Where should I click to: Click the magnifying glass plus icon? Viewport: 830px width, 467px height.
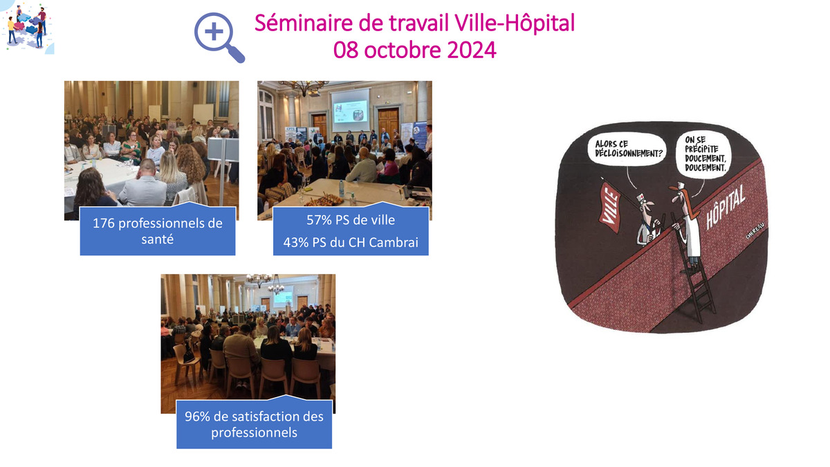pyautogui.click(x=219, y=37)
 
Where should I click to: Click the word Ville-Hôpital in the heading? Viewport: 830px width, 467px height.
pyautogui.click(x=515, y=23)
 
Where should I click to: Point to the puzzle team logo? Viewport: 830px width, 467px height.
pyautogui.click(x=27, y=27)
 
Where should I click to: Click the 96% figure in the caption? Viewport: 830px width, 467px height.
pyautogui.click(x=198, y=416)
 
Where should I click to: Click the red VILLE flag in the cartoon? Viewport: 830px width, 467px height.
pyautogui.click(x=610, y=208)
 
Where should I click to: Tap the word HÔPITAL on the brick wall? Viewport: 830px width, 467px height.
pyautogui.click(x=725, y=207)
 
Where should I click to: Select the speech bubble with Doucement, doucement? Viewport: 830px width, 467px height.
pyautogui.click(x=704, y=154)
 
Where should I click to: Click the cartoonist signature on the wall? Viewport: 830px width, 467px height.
pyautogui.click(x=755, y=230)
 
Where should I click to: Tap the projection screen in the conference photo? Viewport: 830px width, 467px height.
pyautogui.click(x=349, y=110)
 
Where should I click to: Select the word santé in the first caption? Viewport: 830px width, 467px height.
pyautogui.click(x=158, y=239)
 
